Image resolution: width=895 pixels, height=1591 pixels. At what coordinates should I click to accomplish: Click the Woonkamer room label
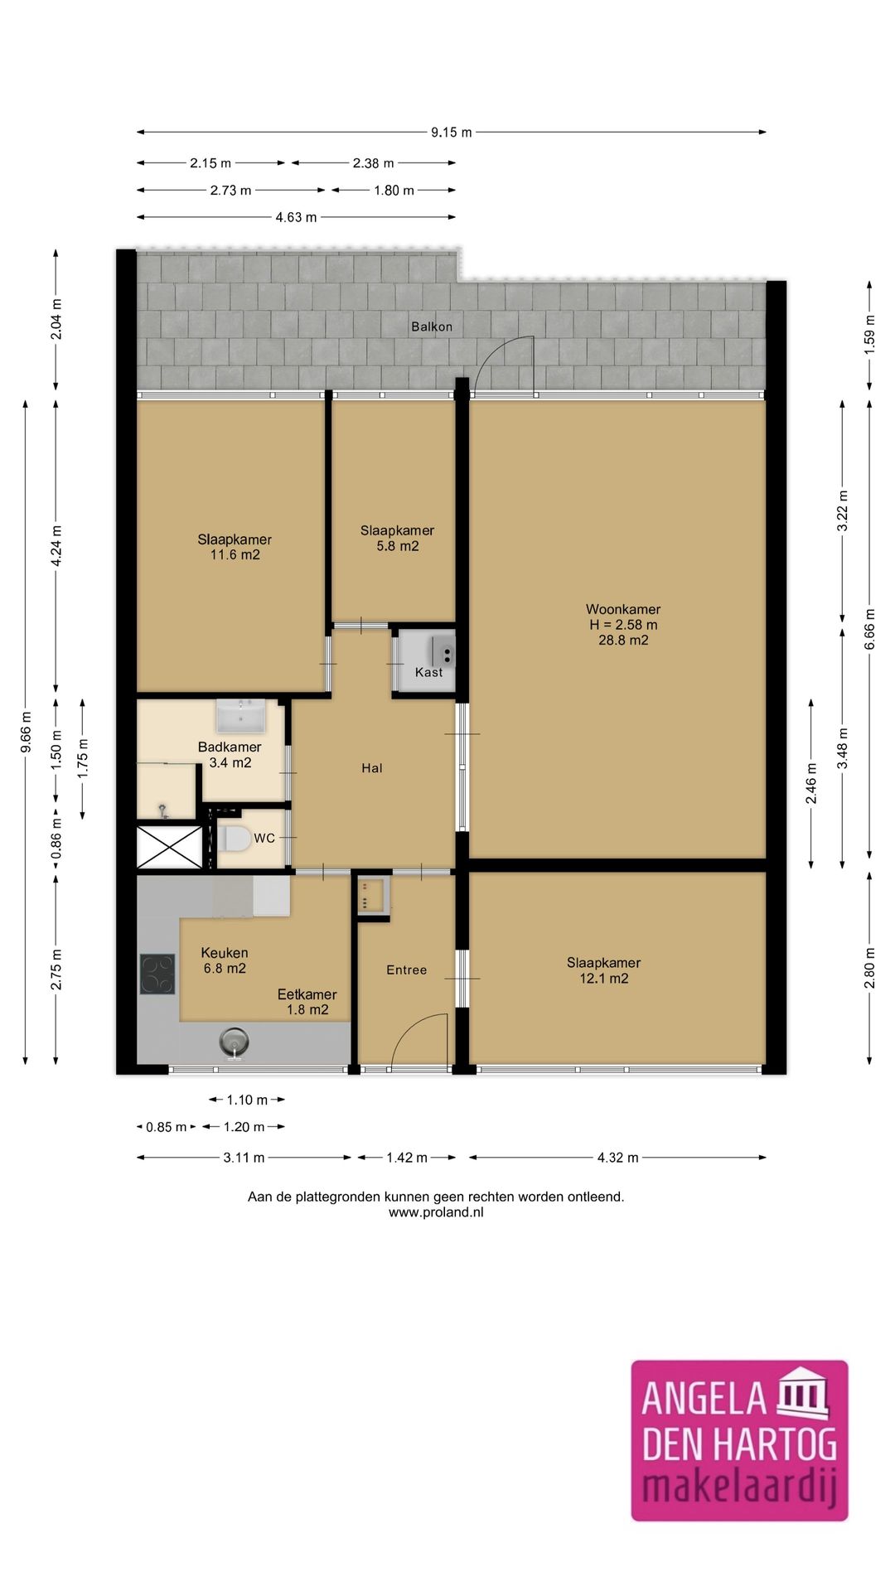623,610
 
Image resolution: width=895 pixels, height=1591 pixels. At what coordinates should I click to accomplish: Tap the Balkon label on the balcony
432,326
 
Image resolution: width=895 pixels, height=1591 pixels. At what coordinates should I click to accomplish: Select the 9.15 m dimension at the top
452,132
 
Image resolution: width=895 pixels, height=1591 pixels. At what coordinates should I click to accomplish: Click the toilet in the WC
235,839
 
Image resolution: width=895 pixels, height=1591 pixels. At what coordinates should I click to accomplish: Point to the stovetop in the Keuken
157,974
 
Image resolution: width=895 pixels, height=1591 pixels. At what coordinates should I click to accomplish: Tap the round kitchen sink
235,1042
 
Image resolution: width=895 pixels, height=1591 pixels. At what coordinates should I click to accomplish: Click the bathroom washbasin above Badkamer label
241,715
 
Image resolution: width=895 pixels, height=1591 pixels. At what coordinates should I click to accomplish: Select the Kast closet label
429,672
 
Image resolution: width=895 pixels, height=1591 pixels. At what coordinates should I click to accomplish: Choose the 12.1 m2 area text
604,979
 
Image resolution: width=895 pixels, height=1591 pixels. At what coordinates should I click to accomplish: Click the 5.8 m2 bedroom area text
398,546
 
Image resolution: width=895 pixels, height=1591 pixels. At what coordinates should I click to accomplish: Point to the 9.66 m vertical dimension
26,733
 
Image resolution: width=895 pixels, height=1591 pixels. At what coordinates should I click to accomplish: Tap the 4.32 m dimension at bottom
618,1158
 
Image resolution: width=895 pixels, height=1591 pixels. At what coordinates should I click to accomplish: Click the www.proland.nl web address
436,1212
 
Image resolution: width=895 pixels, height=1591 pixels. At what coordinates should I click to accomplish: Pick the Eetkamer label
307,994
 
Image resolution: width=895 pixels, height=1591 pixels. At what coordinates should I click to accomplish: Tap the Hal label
372,768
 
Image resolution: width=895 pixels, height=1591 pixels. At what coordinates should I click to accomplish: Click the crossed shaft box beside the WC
169,846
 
